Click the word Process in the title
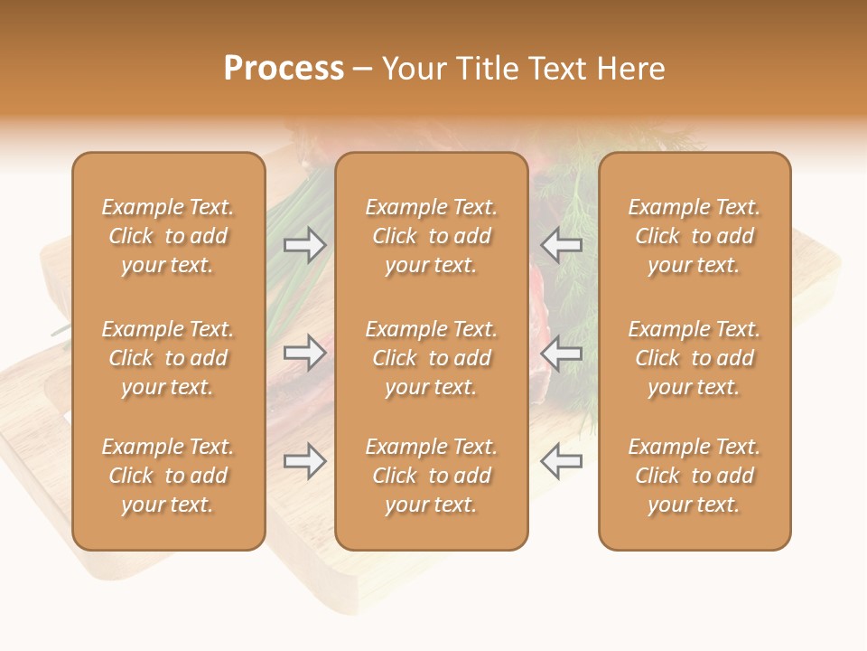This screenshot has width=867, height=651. tap(284, 69)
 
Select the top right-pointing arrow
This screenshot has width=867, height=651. tap(304, 245)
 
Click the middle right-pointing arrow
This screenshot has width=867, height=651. tap(304, 353)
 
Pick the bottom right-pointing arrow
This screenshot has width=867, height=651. tap(304, 461)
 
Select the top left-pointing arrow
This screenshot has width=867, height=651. tap(562, 245)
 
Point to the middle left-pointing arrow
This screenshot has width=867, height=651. tap(562, 353)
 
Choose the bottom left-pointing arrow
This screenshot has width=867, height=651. tap(562, 461)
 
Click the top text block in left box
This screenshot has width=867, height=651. tap(168, 236)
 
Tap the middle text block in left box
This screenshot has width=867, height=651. tap(168, 358)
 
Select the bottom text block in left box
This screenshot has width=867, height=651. tap(168, 476)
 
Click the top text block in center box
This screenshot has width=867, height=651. tap(432, 236)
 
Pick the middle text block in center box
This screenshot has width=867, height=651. tap(432, 358)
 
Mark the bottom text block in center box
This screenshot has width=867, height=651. tap(432, 476)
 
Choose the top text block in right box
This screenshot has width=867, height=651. tap(695, 236)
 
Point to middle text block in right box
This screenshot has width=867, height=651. tap(695, 358)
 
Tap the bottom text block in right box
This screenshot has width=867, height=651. tap(695, 476)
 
